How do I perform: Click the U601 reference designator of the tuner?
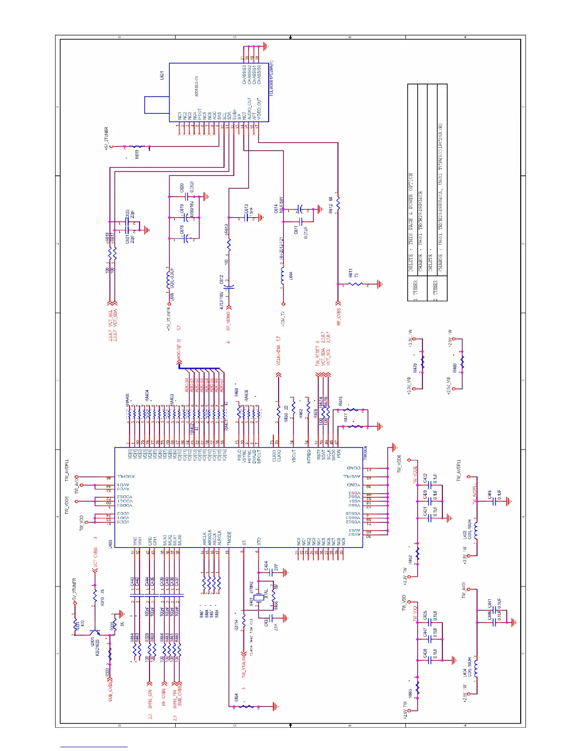[x=162, y=76]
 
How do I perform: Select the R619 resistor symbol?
[x=137, y=147]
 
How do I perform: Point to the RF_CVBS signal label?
[x=339, y=317]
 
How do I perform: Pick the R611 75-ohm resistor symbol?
[x=356, y=284]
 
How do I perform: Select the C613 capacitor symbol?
[x=246, y=217]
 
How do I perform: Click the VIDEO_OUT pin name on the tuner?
[x=259, y=109]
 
